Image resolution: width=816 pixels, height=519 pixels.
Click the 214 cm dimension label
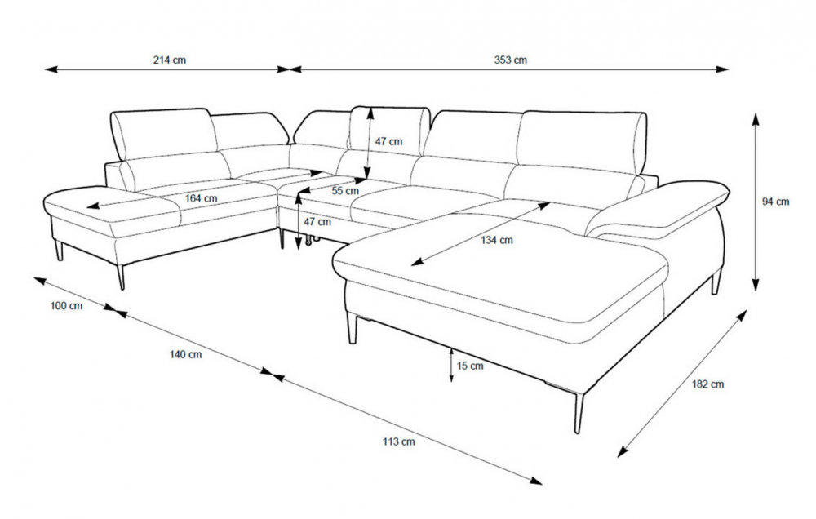[169, 60]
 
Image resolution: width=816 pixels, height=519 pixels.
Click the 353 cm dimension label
[511, 60]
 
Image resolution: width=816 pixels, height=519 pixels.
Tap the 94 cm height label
[776, 202]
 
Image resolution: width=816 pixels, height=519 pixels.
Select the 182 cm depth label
[707, 384]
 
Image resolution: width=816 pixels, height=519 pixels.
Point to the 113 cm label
[399, 441]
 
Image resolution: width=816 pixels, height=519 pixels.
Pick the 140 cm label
[185, 354]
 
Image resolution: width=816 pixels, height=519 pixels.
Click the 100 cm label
[66, 305]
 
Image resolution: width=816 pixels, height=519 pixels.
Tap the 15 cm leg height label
[470, 366]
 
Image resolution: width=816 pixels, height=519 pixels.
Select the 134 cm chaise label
[496, 240]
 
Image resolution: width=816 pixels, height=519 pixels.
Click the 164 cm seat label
[201, 198]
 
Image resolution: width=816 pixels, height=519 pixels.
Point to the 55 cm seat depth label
[345, 190]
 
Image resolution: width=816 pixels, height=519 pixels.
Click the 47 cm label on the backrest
[388, 141]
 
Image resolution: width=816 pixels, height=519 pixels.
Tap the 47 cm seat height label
[317, 222]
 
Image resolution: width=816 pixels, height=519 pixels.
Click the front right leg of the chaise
[579, 412]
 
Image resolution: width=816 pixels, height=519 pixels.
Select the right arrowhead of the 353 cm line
[722, 69]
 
